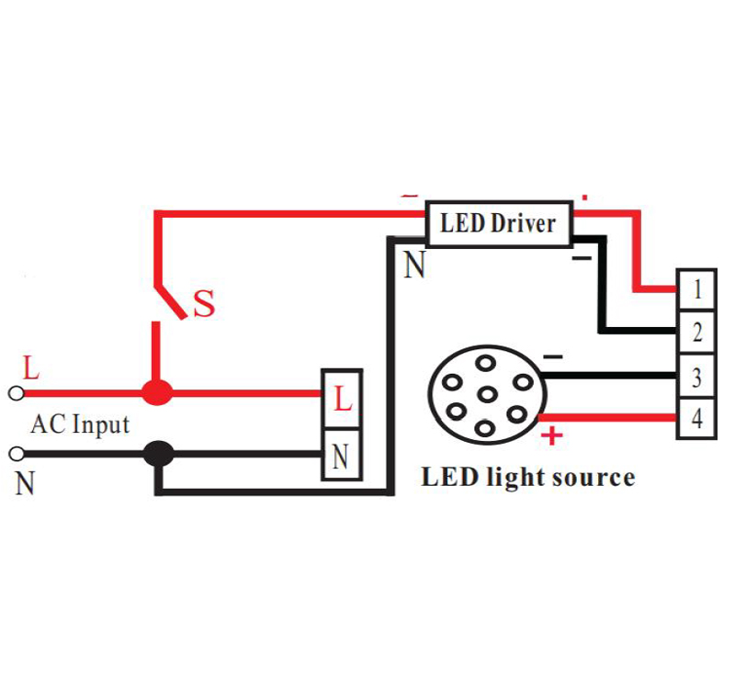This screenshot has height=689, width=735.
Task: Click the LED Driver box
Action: (499, 224)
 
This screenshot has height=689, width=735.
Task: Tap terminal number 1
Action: (696, 289)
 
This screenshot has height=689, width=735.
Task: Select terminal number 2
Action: (696, 332)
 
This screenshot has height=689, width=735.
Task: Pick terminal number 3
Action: (696, 377)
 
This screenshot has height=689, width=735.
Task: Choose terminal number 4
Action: (696, 418)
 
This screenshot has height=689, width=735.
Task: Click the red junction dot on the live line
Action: (157, 392)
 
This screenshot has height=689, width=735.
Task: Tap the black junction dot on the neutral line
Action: (158, 453)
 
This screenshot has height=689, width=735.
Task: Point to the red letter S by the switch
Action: (204, 304)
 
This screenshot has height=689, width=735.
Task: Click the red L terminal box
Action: (342, 399)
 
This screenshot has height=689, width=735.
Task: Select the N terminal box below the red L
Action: (342, 454)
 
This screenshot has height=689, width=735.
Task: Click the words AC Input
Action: (80, 425)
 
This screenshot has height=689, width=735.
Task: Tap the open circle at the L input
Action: (17, 393)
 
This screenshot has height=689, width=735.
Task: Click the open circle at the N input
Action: (17, 454)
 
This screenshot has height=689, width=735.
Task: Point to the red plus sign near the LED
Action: (552, 435)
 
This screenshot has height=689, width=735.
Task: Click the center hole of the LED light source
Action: (487, 395)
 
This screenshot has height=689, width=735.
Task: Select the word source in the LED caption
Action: (594, 478)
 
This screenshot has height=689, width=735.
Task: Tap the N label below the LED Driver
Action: (414, 265)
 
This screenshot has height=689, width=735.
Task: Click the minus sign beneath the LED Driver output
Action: (582, 258)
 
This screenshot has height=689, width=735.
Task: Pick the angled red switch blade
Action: (171, 301)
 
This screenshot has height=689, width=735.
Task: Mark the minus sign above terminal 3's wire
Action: (553, 357)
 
